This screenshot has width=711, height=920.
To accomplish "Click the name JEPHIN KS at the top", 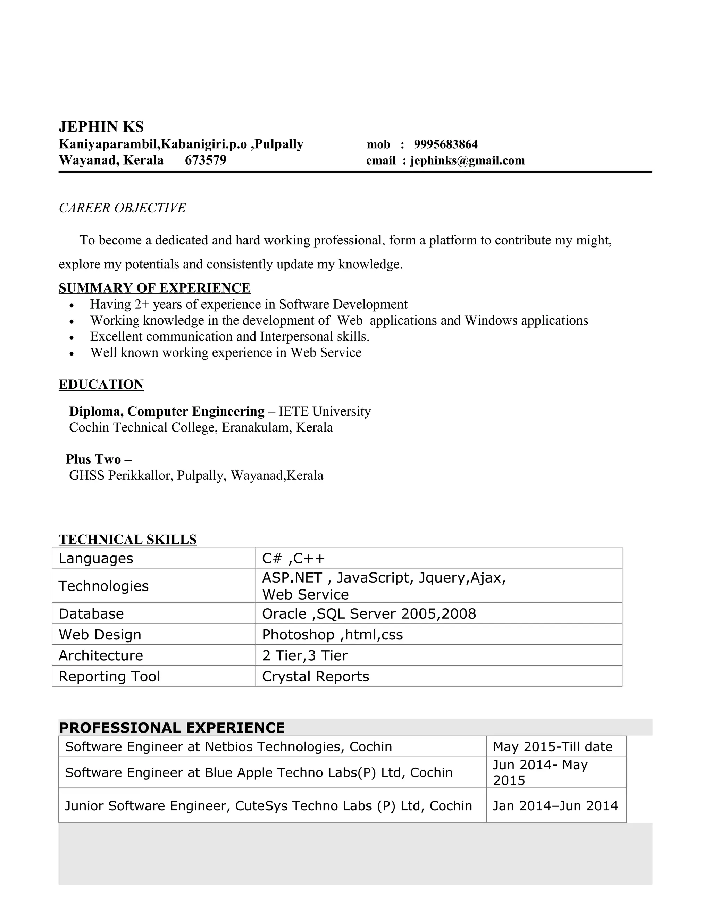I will click(x=101, y=127).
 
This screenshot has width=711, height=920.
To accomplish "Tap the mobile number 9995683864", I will click(x=446, y=144).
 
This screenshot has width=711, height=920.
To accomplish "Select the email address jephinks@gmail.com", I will click(x=467, y=160).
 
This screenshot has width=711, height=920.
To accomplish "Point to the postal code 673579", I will click(x=206, y=160).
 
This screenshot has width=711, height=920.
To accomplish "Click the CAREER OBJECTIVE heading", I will click(x=122, y=208).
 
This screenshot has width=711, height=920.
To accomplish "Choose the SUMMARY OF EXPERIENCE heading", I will click(x=154, y=288).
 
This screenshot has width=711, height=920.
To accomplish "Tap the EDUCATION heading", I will click(x=101, y=385).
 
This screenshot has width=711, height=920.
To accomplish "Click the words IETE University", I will click(x=325, y=411).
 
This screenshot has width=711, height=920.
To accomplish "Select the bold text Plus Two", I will click(x=93, y=459).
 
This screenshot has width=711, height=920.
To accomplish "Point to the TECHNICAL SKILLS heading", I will click(x=128, y=540).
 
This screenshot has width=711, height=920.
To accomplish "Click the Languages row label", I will click(x=96, y=559).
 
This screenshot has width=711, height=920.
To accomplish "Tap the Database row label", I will click(x=91, y=614).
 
